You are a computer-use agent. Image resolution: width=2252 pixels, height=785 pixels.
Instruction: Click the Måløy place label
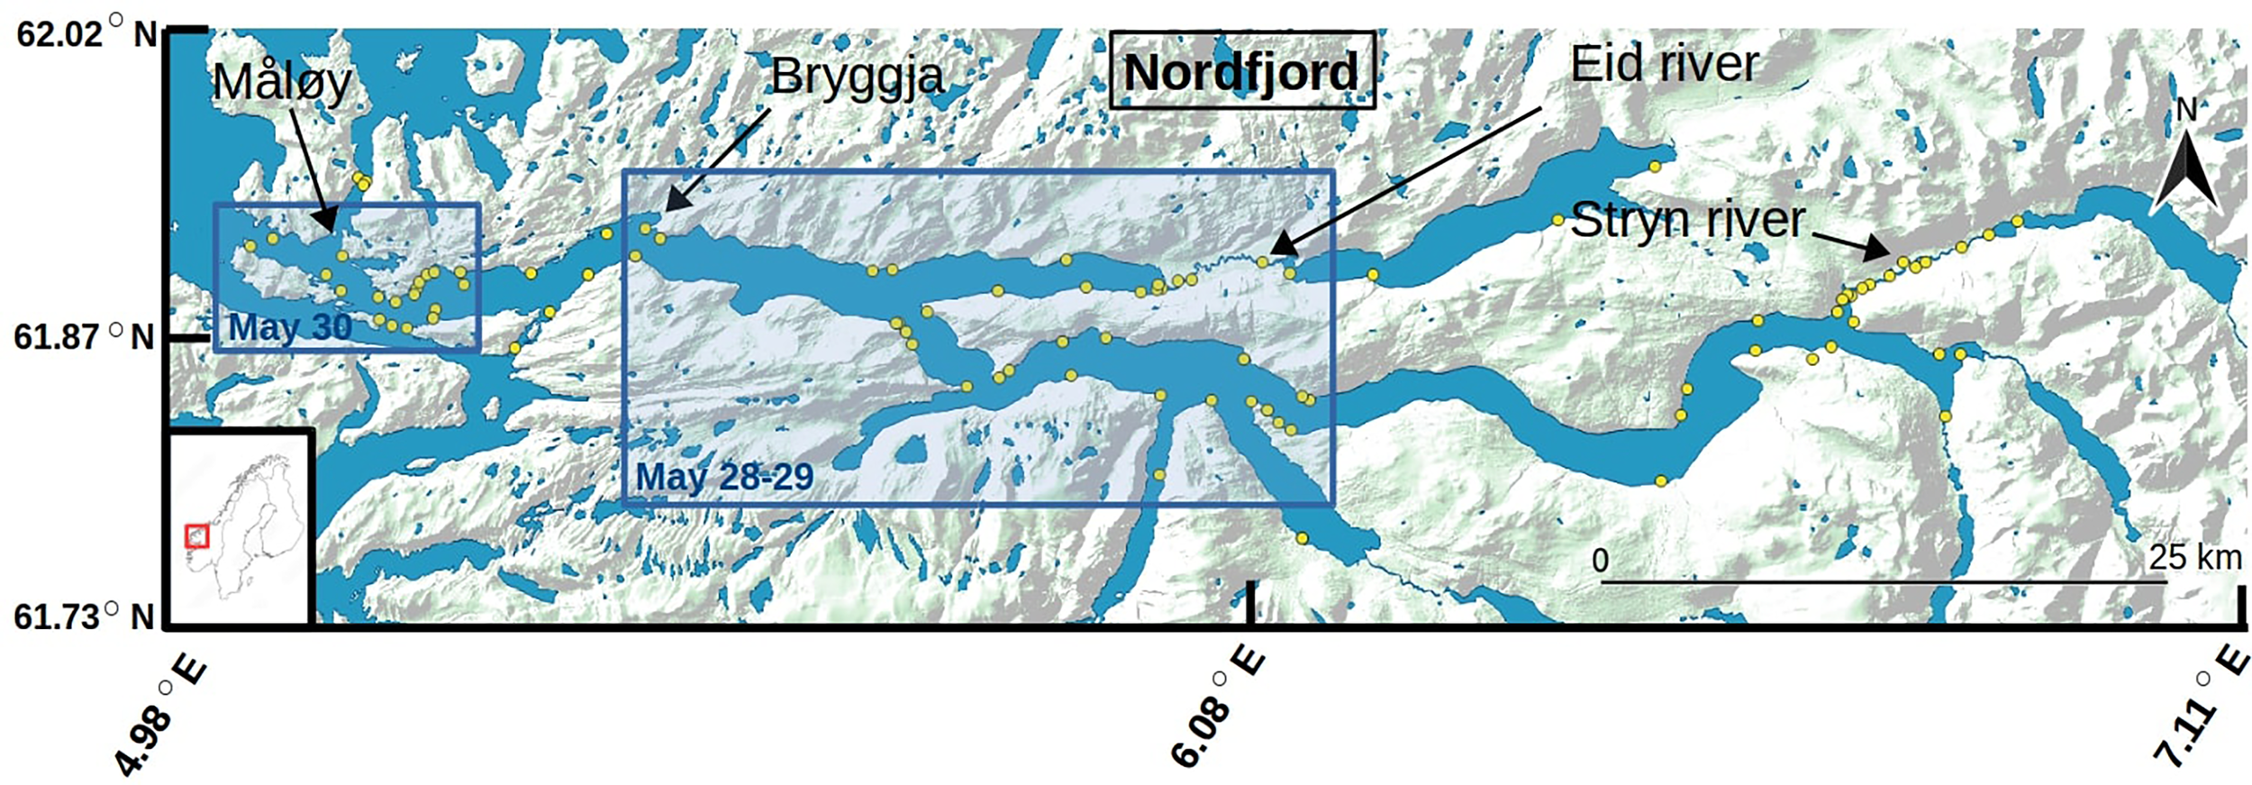[281, 83]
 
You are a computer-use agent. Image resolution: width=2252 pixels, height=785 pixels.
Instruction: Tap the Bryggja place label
[856, 77]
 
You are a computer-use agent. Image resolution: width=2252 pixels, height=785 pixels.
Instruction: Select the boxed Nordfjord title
[1241, 71]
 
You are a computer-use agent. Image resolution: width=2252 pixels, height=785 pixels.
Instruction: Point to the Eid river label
[1665, 64]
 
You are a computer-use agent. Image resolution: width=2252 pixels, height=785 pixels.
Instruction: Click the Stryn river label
[1687, 220]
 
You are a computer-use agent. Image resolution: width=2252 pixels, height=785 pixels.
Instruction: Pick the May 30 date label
[290, 326]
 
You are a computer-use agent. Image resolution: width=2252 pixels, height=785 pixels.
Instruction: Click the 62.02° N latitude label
[86, 34]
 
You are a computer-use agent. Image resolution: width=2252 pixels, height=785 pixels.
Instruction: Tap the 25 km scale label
[2194, 558]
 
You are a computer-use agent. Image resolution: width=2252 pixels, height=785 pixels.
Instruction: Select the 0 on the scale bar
[1600, 561]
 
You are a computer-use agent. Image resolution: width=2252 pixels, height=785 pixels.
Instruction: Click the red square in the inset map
[196, 536]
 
